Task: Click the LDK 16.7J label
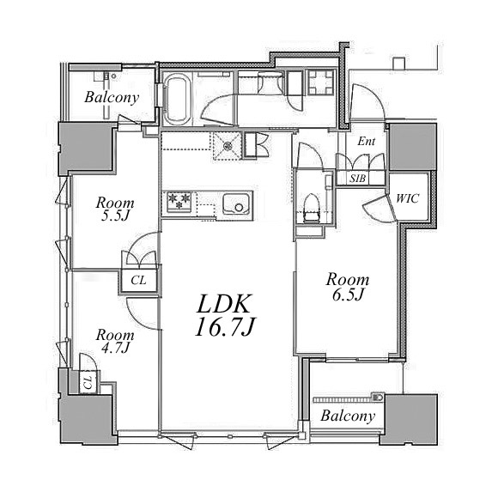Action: pyautogui.click(x=224, y=316)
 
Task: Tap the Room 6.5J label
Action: pyautogui.click(x=348, y=287)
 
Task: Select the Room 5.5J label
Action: pyautogui.click(x=115, y=210)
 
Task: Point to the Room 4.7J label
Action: pyautogui.click(x=115, y=341)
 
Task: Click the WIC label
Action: pyautogui.click(x=407, y=198)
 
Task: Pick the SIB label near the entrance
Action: pyautogui.click(x=358, y=179)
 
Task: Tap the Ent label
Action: pyautogui.click(x=366, y=142)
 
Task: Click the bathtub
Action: pyautogui.click(x=178, y=99)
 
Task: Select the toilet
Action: pyautogui.click(x=312, y=209)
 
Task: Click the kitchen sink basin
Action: pyautogui.click(x=236, y=204)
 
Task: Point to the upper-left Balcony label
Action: pyautogui.click(x=112, y=97)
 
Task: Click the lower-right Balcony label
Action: pyautogui.click(x=348, y=416)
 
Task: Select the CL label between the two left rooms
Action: pyautogui.click(x=138, y=280)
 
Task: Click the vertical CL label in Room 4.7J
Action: pyautogui.click(x=88, y=382)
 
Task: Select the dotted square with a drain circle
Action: pyautogui.click(x=228, y=145)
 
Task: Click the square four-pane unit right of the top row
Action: pyautogui.click(x=320, y=82)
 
